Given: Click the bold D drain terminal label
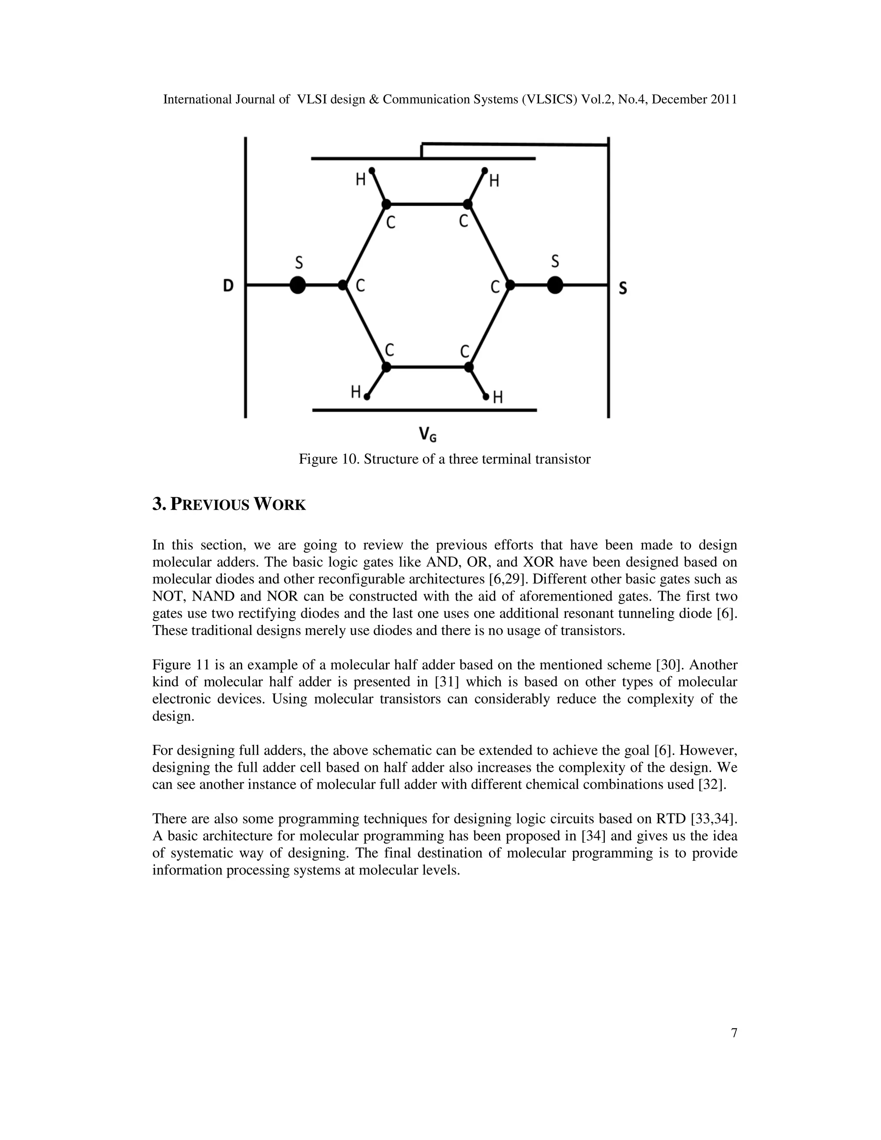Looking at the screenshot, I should pyautogui.click(x=228, y=286).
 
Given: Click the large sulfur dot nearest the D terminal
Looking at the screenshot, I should pyautogui.click(x=298, y=285).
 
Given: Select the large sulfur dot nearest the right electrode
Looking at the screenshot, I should pyautogui.click(x=555, y=285).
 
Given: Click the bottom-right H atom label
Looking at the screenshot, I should pyautogui.click(x=498, y=398).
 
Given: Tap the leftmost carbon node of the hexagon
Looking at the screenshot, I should pyautogui.click(x=343, y=285).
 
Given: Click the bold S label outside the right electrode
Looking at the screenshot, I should pyautogui.click(x=622, y=288).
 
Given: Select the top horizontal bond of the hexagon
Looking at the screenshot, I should pyautogui.click(x=427, y=204).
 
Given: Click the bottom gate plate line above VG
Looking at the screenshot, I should pyautogui.click(x=424, y=410).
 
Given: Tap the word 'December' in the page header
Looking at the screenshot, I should pyautogui.click(x=680, y=99).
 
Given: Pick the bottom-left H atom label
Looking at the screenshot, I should pyautogui.click(x=355, y=391).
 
